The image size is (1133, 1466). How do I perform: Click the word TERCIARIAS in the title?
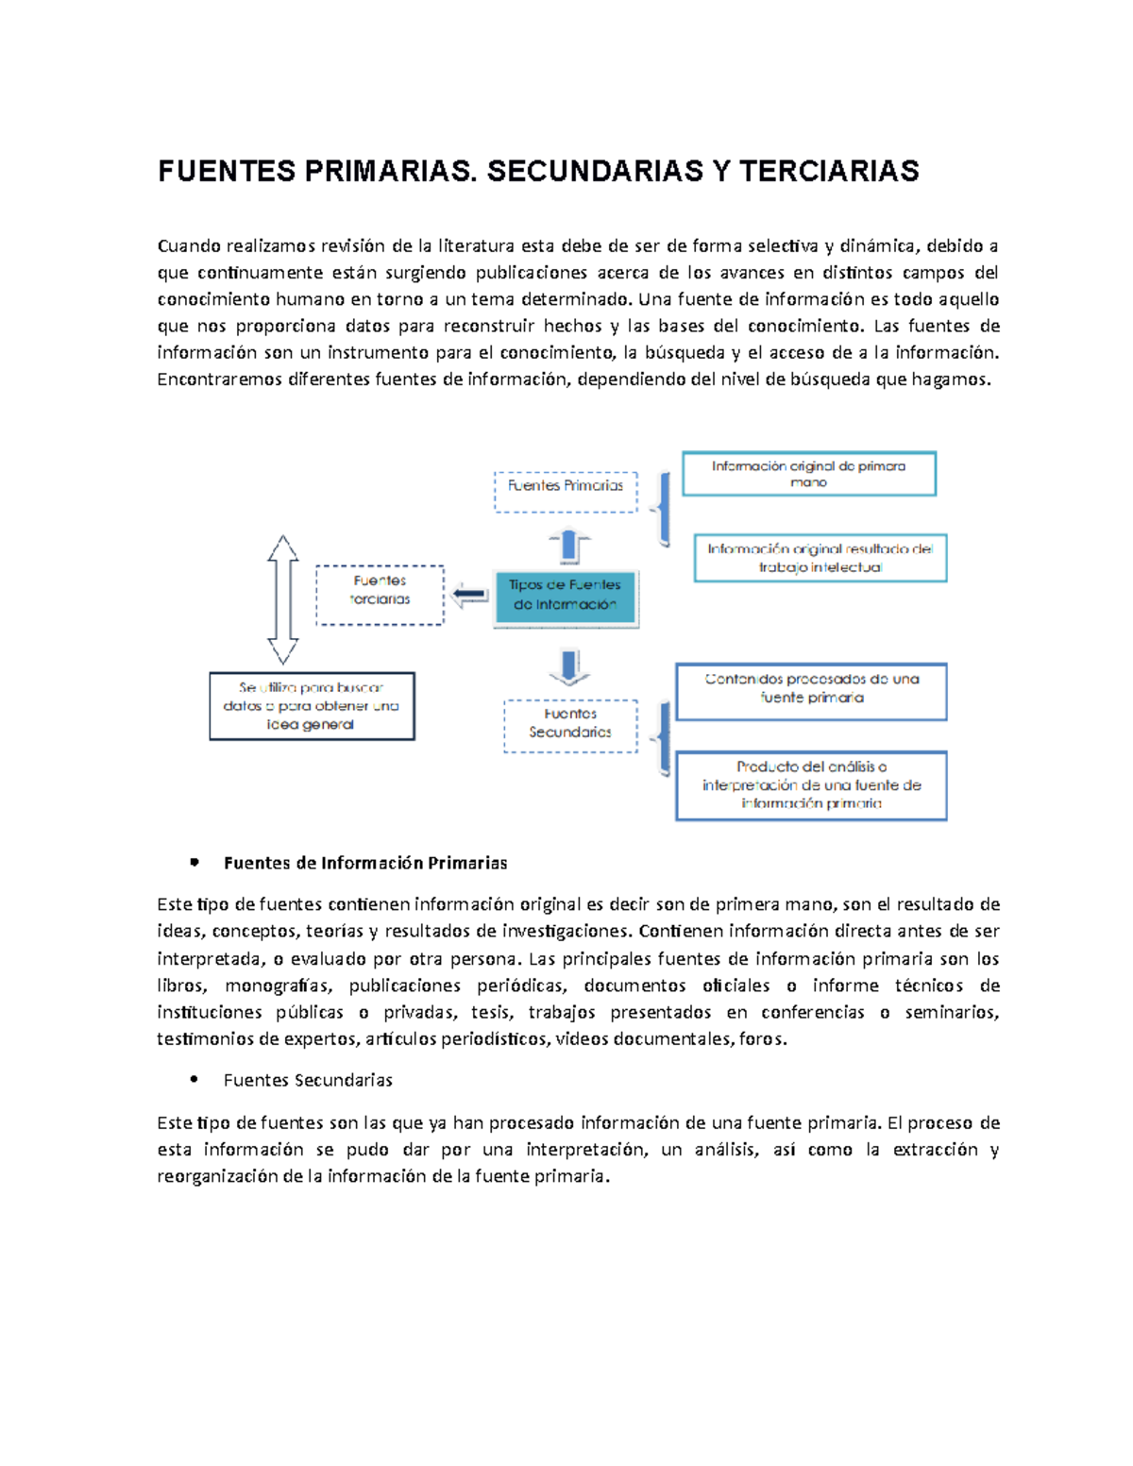coord(828,171)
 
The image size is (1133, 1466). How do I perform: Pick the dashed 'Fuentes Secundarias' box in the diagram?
coord(570,725)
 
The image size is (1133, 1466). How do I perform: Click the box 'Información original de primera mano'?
coord(808,474)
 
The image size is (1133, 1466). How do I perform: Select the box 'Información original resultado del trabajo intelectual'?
coord(820,558)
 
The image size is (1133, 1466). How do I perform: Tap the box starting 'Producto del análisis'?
coord(811,785)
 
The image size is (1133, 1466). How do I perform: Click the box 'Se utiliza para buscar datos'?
coord(312,706)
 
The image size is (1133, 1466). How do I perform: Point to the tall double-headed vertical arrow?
coord(282,600)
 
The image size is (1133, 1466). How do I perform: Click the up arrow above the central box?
coord(569,547)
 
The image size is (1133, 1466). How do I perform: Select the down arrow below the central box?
coord(569,666)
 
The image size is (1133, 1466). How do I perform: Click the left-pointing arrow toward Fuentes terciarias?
coord(469,596)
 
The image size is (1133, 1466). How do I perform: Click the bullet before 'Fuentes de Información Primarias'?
coord(194,862)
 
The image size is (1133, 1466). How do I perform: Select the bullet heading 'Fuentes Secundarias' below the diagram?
coord(308,1080)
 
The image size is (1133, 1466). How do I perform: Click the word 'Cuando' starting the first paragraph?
coord(188,246)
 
